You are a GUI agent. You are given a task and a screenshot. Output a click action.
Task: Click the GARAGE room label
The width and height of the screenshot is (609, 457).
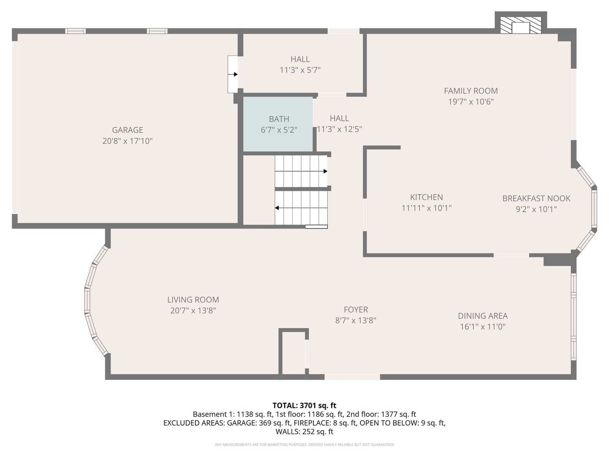tap(127, 130)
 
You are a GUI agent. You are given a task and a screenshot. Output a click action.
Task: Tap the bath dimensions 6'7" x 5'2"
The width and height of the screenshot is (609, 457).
tap(279, 130)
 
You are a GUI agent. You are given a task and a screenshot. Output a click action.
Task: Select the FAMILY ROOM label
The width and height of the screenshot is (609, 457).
tap(471, 91)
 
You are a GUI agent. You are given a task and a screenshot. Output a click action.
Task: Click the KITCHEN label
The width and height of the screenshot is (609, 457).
tap(426, 197)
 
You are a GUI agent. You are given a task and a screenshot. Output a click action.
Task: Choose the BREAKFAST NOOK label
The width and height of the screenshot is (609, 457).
tap(536, 198)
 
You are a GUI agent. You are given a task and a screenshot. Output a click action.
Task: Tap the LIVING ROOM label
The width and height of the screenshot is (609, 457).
tap(193, 300)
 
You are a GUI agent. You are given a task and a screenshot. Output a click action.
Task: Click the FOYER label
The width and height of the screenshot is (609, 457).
tap(356, 310)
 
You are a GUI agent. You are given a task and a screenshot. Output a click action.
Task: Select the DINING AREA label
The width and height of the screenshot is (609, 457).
tap(483, 316)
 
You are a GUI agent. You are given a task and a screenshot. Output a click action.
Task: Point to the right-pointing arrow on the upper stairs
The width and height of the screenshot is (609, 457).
tap(301, 171)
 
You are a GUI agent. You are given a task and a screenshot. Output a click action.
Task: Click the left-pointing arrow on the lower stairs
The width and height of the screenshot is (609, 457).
tap(301, 208)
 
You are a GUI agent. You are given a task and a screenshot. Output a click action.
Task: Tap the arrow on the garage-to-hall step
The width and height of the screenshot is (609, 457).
tap(233, 74)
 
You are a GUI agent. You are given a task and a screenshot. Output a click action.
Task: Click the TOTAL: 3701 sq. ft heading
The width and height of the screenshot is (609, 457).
tap(304, 406)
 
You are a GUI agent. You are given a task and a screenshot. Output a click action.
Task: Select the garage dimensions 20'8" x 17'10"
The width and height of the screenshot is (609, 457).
tap(127, 141)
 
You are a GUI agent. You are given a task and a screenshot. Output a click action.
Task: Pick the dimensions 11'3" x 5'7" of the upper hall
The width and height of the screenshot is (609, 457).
tap(300, 70)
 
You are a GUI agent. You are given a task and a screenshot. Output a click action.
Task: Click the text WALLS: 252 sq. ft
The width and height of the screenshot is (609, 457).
tap(304, 432)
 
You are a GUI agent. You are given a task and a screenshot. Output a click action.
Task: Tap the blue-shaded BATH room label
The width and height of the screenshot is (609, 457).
tap(279, 119)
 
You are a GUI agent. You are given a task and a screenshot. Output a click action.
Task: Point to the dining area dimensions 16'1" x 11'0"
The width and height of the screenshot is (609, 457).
tap(483, 327)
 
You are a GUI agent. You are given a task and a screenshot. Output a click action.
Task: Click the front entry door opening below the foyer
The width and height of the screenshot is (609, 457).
tap(352, 377)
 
